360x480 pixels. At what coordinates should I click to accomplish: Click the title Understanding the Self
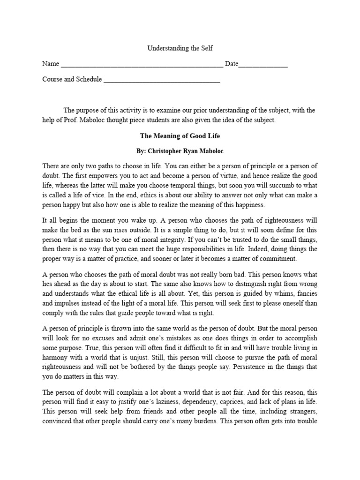click(x=180, y=48)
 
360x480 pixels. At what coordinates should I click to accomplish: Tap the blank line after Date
click(x=263, y=65)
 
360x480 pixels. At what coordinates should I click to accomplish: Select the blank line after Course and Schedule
click(x=161, y=80)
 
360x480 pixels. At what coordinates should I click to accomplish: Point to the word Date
click(x=232, y=64)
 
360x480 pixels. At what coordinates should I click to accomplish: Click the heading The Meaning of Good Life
click(x=180, y=136)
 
